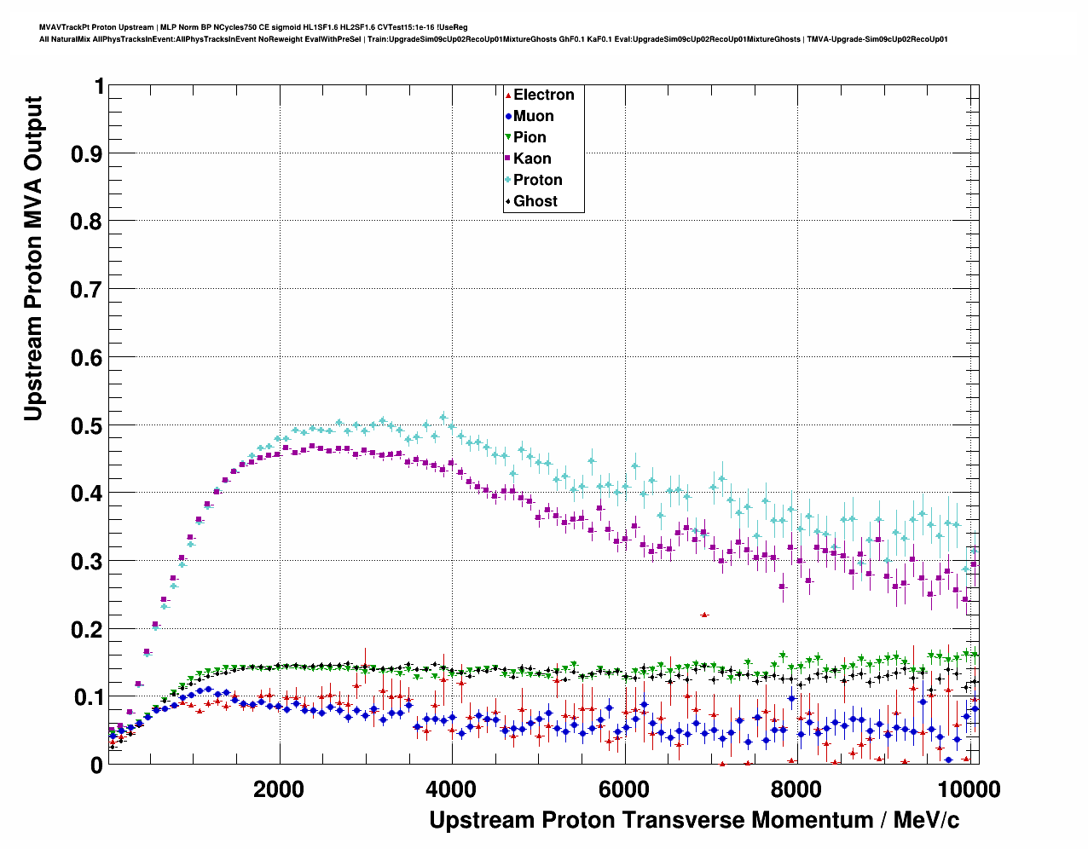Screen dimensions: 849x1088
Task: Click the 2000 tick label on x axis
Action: tap(279, 789)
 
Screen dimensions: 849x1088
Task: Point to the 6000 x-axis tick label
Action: tap(624, 789)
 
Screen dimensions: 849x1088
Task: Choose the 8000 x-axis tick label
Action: tap(797, 789)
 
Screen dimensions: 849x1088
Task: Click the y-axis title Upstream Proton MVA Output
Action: tap(33, 258)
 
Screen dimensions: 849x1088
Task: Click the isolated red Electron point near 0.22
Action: tap(704, 615)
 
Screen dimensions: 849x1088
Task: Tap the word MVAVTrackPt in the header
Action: tap(63, 27)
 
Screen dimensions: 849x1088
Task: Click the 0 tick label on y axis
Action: tap(96, 765)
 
